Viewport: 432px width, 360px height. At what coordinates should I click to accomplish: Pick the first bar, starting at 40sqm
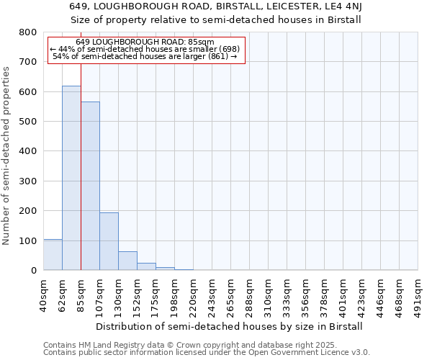(53, 255)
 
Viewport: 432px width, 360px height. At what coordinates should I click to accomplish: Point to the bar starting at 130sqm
(127, 261)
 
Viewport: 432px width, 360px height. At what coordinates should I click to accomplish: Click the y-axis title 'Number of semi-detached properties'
(7, 155)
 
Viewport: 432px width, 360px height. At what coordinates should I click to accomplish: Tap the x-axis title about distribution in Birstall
(230, 326)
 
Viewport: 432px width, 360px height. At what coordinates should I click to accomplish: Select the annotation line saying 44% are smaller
(145, 49)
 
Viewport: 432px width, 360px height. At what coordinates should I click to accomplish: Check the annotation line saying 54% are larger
(145, 56)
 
